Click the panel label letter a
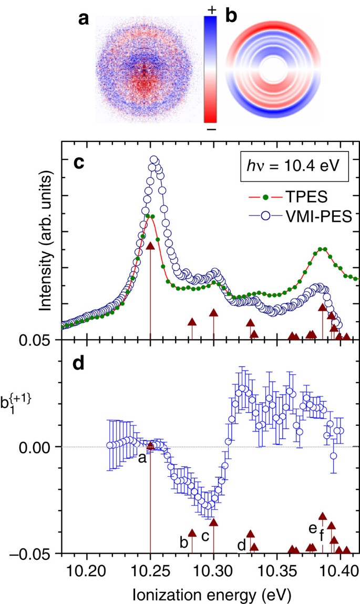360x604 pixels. [x=84, y=19]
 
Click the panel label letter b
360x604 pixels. [x=231, y=17]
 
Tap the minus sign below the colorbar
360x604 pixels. [x=211, y=129]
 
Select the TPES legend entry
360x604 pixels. [x=289, y=197]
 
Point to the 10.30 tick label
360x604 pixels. [x=214, y=570]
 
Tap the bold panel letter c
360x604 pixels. [x=78, y=163]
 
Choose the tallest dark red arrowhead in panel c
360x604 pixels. [x=150, y=247]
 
